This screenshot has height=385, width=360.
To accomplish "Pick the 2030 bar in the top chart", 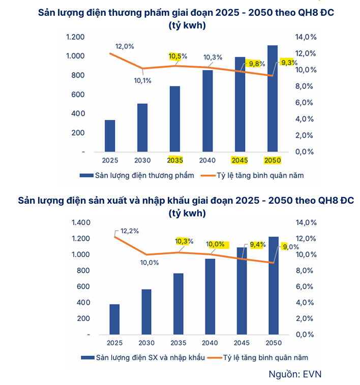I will [x=142, y=127].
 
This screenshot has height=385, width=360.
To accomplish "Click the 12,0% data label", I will [x=125, y=46].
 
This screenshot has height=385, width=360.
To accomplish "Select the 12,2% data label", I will [x=130, y=231].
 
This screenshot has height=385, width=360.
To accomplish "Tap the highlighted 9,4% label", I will [x=258, y=245].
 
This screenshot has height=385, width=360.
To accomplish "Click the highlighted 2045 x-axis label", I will [x=241, y=161].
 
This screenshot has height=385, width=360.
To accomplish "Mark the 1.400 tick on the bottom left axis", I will [x=80, y=222].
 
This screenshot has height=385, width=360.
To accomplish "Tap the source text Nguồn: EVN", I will [x=295, y=374].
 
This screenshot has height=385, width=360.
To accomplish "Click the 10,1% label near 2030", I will [x=143, y=80].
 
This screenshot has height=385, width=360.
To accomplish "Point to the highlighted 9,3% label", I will [x=289, y=62].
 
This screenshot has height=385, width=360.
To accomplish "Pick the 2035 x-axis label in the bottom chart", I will [x=178, y=343].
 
